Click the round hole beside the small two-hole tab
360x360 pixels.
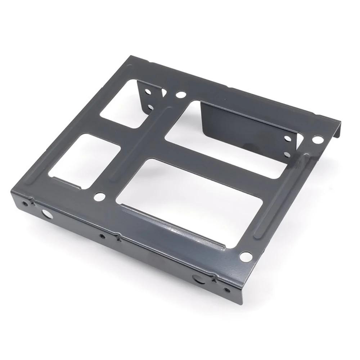pos(180,96)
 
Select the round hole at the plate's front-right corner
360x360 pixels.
pos(246,257)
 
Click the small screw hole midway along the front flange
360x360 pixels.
pos(103,237)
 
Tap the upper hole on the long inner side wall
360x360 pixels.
pos(288,138)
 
